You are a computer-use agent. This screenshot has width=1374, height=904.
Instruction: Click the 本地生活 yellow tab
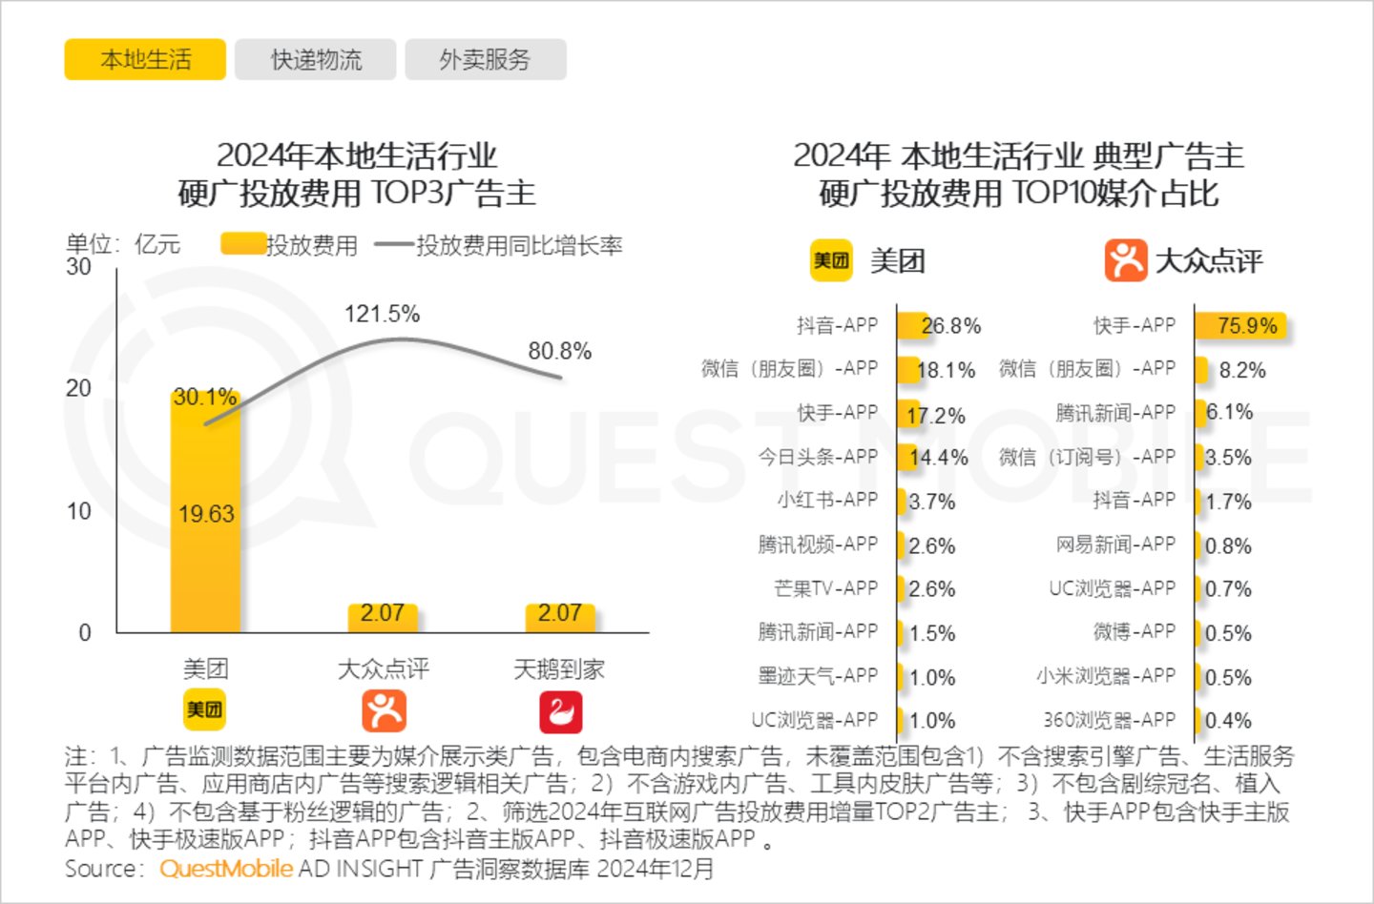[145, 60]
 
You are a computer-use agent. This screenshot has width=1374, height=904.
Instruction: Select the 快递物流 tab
[316, 60]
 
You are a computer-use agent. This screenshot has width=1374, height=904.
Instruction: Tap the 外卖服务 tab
[485, 60]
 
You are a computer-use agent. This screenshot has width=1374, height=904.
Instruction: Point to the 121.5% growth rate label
[382, 314]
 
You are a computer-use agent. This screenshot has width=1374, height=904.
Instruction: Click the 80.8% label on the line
[560, 351]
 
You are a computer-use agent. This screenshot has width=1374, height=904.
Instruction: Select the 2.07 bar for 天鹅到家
[560, 617]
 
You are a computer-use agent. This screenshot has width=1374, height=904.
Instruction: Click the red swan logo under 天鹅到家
[560, 712]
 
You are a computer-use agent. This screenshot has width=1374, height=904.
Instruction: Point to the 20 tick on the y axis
[79, 388]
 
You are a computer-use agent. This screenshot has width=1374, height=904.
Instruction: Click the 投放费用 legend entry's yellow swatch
[242, 245]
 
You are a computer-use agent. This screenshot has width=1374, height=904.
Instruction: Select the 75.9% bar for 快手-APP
[1240, 325]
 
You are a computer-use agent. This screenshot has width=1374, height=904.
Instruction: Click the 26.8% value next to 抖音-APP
[950, 326]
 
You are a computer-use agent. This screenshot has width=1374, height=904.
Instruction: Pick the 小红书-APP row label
[826, 500]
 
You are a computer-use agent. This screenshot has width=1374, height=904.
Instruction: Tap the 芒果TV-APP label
[825, 588]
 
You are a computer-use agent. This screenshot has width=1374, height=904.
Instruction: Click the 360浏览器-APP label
[1109, 720]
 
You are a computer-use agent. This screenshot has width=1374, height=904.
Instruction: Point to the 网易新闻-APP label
[1114, 544]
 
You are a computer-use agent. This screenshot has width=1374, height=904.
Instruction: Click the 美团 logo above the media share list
[830, 260]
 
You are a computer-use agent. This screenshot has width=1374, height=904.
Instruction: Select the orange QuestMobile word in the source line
[226, 869]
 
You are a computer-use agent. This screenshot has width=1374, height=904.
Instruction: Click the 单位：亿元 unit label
[122, 244]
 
